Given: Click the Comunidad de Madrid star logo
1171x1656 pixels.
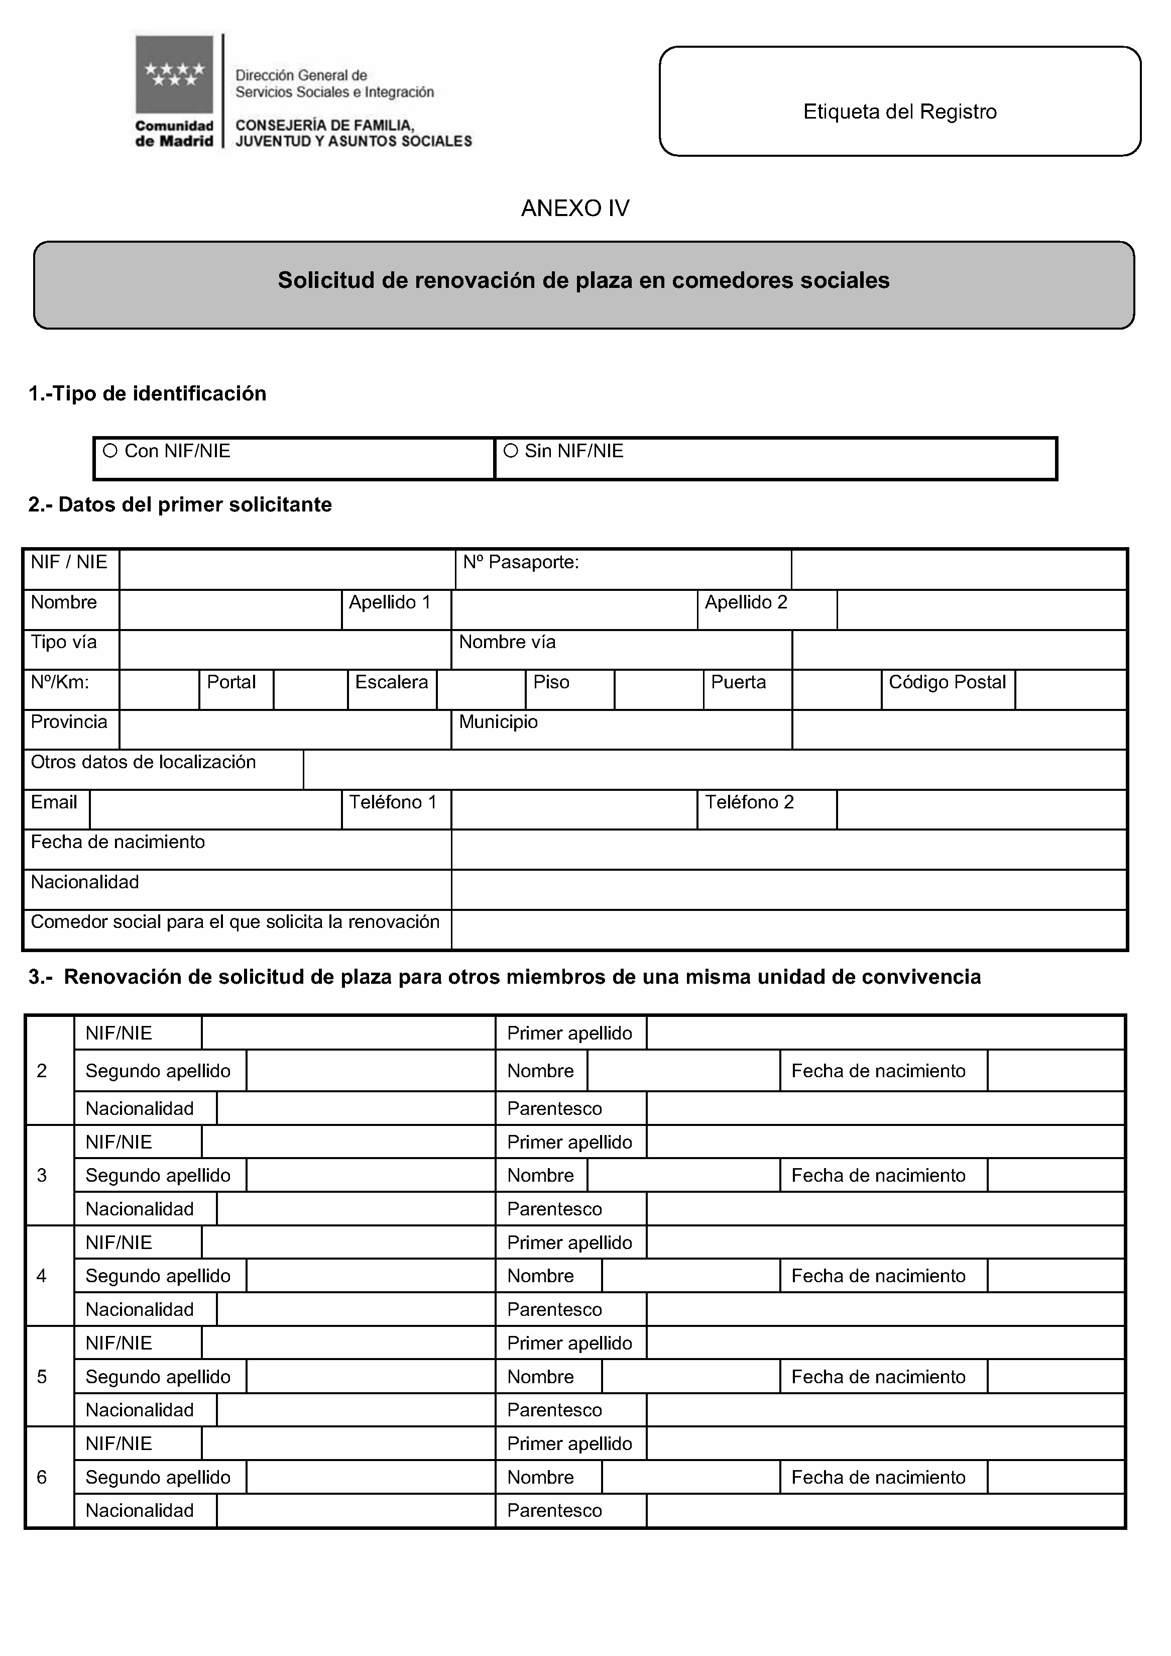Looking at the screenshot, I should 175,74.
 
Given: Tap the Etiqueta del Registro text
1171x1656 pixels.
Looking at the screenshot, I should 900,112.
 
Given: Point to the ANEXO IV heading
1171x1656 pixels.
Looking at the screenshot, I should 574,209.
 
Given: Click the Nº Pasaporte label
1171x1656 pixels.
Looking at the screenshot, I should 521,562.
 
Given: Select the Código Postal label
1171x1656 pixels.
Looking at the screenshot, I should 947,682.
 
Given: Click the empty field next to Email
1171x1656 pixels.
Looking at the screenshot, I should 215,809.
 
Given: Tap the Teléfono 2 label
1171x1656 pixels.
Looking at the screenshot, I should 749,802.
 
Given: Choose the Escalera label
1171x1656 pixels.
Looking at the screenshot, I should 392,682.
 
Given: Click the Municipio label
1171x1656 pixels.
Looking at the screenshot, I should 498,722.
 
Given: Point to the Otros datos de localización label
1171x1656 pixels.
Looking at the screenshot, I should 144,762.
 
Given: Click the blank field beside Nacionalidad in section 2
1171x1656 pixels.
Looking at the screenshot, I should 788,889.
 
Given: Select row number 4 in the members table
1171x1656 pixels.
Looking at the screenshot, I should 42,1276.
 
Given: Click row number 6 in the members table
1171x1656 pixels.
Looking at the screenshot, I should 42,1477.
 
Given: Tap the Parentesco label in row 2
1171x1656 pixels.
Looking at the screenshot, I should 554,1108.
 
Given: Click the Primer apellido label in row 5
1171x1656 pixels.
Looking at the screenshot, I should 569,1343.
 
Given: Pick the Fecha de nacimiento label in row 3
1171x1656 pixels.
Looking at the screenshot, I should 878,1176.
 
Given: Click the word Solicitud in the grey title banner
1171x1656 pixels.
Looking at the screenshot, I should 326,280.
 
